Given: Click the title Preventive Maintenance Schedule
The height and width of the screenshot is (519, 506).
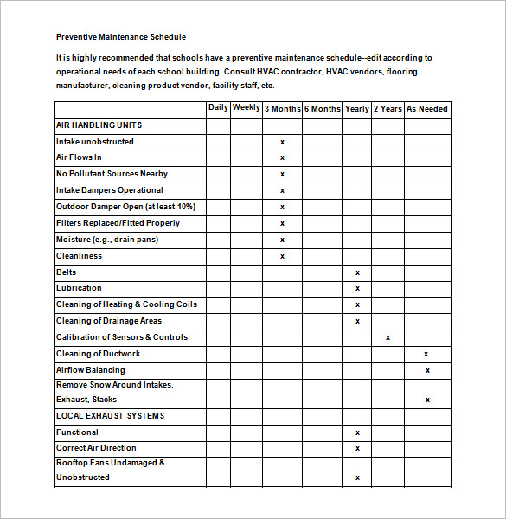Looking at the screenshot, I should click(x=121, y=37).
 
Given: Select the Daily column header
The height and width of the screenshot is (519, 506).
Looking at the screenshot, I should click(x=218, y=108).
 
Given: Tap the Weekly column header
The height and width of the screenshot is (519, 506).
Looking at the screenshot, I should click(x=246, y=108).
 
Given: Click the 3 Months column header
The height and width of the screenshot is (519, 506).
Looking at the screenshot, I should click(x=282, y=109).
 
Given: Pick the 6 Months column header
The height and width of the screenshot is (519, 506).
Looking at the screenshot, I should click(x=322, y=109).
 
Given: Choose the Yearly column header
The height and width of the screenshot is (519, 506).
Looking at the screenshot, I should click(x=356, y=109).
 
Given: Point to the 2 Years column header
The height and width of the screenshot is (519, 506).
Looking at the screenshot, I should click(x=388, y=109).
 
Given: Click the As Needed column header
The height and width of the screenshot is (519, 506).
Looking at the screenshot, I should click(x=427, y=109).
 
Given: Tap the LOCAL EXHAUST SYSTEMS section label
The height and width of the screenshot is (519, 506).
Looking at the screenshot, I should click(x=110, y=416).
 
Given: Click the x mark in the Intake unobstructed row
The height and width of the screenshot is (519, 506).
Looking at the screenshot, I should click(x=282, y=142).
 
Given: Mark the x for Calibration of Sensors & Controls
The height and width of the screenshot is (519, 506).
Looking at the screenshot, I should click(x=388, y=337).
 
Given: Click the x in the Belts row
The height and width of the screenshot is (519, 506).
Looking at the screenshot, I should click(x=357, y=272).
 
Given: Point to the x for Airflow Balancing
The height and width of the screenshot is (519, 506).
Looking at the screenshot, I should click(x=427, y=370).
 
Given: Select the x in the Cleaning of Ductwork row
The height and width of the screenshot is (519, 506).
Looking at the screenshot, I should click(x=426, y=354).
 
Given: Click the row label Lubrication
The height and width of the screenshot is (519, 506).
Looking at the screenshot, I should click(x=79, y=288).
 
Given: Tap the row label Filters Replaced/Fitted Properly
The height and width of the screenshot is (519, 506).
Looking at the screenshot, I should click(x=118, y=223).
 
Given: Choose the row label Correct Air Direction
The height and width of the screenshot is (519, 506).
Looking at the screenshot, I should click(x=96, y=448).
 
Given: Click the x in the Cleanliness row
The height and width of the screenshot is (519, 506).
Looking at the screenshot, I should click(x=282, y=256).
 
